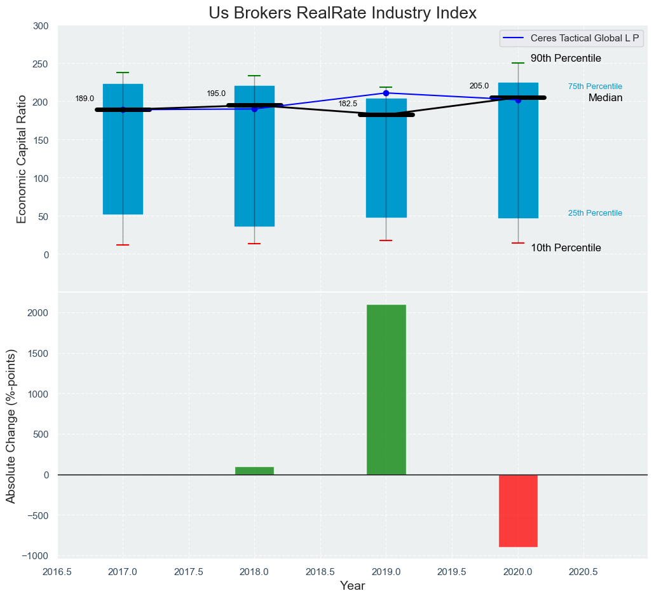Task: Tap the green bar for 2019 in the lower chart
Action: (386, 389)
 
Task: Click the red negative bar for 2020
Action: (518, 510)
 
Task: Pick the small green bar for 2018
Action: (254, 471)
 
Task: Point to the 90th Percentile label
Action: (566, 59)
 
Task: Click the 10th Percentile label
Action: (566, 248)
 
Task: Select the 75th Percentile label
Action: (595, 87)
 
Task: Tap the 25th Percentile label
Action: (595, 213)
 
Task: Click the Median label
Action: (605, 98)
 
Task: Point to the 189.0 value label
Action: (85, 99)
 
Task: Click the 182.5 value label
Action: (348, 104)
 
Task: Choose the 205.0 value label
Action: (479, 86)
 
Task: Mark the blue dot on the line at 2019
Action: (386, 94)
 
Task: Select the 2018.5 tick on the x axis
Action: (320, 572)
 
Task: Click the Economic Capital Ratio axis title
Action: (22, 159)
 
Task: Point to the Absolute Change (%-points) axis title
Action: (11, 426)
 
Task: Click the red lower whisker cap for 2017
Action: (123, 245)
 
